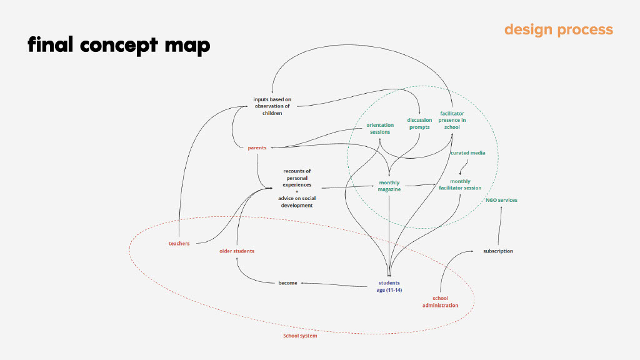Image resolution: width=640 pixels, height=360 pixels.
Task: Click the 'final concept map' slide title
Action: tap(118, 45)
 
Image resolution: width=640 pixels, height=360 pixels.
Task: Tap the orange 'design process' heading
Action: tap(558, 29)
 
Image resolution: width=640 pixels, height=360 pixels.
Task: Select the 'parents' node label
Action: tap(257, 148)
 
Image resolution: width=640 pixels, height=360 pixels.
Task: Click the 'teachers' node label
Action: tap(179, 243)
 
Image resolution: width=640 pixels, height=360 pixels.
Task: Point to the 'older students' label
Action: tap(237, 251)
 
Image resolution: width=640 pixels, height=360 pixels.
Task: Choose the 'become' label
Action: tap(287, 283)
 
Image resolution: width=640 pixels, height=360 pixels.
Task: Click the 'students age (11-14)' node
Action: tap(389, 286)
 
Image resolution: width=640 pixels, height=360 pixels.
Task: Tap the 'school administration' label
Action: tap(440, 302)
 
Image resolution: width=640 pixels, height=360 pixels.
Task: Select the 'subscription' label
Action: tap(498, 251)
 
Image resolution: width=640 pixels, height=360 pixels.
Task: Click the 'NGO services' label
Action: tap(501, 200)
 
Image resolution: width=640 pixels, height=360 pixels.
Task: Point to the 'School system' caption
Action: tap(300, 336)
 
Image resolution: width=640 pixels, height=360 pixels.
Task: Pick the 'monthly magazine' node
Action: tap(389, 186)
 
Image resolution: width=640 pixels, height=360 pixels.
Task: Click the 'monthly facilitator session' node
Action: tap(460, 184)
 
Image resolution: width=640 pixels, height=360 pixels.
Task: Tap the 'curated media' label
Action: tap(467, 152)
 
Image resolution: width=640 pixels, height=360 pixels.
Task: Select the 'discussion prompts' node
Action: tap(419, 124)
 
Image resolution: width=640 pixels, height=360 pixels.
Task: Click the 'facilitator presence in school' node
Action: tap(452, 120)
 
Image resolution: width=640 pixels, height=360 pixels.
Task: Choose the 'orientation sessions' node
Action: tap(380, 128)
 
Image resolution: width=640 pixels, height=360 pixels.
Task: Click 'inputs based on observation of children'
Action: tap(272, 106)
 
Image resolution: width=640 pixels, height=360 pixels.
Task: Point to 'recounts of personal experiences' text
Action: tap(297, 178)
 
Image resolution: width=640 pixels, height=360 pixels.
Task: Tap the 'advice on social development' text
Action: tap(297, 202)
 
